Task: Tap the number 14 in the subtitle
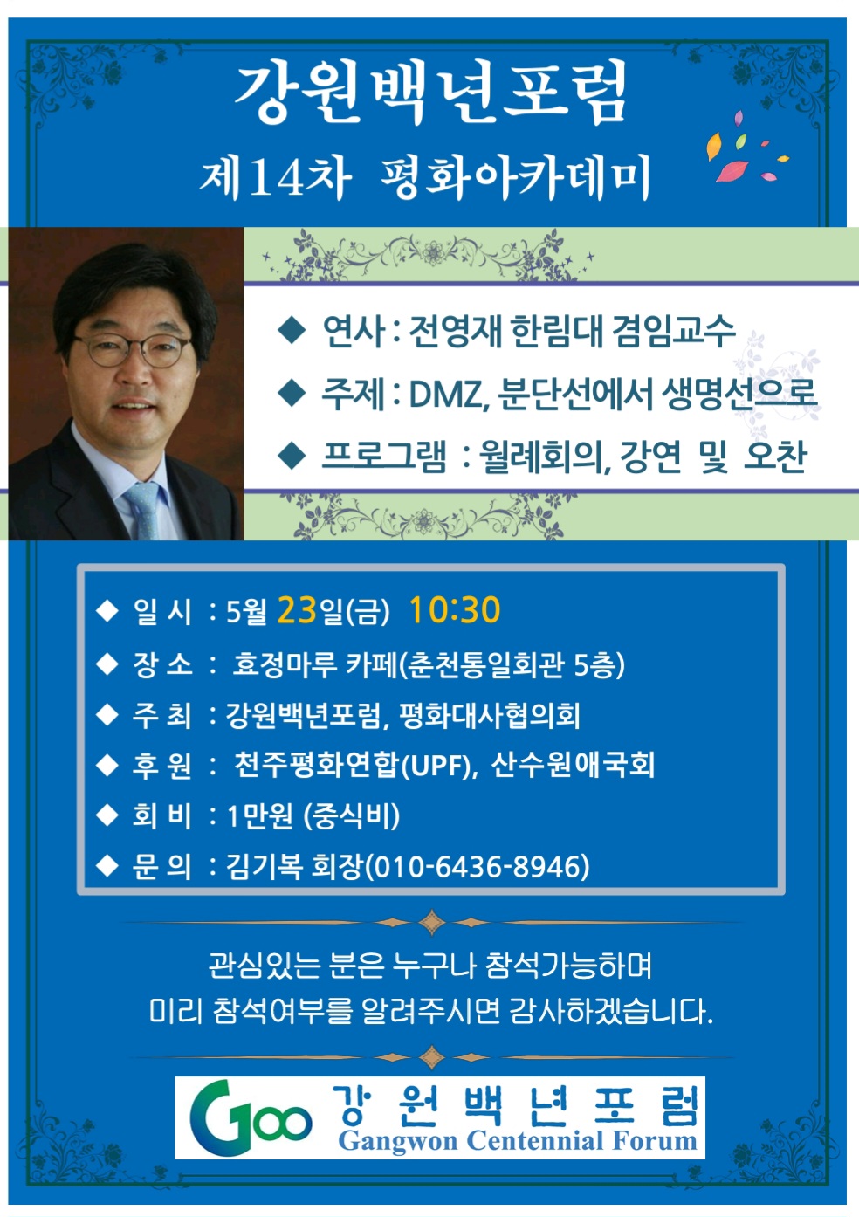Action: coord(278,177)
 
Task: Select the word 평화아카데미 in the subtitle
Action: coord(514,178)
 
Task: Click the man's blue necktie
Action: coord(142,510)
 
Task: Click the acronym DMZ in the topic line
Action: coord(443,394)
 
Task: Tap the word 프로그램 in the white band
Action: coord(384,456)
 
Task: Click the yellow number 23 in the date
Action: coord(297,609)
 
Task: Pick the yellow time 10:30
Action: coord(454,609)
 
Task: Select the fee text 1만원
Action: coord(259,816)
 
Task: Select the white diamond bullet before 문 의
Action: coord(107,866)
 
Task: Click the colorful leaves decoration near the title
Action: coord(746,147)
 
